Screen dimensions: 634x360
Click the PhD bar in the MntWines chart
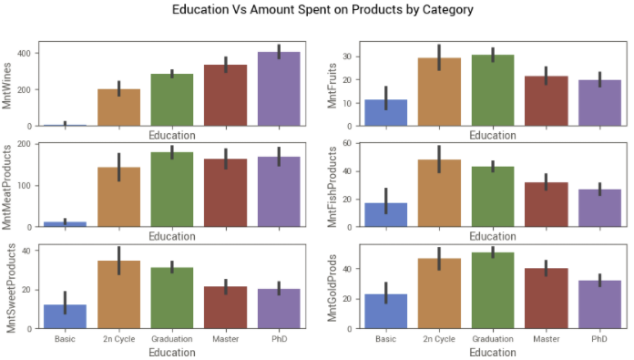(x=279, y=88)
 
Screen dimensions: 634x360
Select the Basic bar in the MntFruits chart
(x=385, y=112)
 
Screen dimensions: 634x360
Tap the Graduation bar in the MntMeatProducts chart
(x=172, y=190)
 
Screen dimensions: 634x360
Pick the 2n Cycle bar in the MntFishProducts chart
(x=439, y=193)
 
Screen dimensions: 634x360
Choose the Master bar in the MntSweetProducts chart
(x=226, y=307)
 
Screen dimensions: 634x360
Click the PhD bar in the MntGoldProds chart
(x=599, y=304)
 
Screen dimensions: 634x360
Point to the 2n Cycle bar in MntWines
(x=118, y=108)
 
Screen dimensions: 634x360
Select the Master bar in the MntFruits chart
(x=547, y=101)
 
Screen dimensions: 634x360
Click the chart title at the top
(x=322, y=9)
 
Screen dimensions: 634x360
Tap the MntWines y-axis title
(x=6, y=86)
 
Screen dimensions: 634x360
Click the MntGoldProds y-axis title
(x=332, y=288)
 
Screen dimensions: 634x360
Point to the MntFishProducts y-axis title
(x=332, y=187)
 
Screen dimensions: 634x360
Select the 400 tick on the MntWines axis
(x=25, y=54)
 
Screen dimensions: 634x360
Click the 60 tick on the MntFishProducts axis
(x=348, y=143)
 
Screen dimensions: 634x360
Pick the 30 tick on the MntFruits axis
(x=348, y=57)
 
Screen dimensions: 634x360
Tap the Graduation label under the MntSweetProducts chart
(x=172, y=339)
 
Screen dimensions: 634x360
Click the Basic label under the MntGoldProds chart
(x=385, y=339)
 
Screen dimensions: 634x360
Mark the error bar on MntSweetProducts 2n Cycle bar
(x=118, y=261)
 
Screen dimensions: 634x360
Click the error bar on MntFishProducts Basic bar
(x=385, y=201)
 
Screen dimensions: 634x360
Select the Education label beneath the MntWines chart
(x=172, y=135)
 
